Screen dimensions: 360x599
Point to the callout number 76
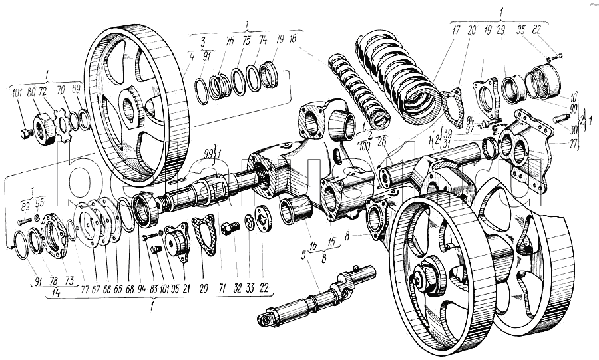click(x=230, y=41)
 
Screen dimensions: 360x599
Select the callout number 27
click(x=574, y=142)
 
